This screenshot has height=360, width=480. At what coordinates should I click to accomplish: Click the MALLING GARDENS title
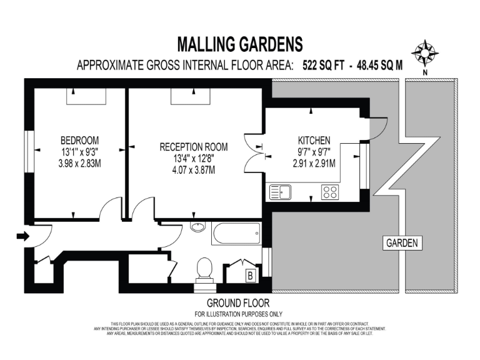[240, 44]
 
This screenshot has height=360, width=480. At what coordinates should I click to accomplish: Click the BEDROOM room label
[79, 140]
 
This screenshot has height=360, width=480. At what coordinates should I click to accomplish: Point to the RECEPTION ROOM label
[194, 147]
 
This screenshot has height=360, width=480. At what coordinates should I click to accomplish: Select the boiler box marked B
[250, 275]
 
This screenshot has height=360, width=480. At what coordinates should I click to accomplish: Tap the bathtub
[236, 235]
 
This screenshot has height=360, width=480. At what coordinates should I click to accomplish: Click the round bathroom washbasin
[197, 227]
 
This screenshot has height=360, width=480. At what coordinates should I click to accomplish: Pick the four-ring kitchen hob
[329, 192]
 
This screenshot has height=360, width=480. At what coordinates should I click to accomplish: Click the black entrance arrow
[22, 236]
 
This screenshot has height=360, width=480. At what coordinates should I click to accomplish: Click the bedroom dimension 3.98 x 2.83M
[79, 162]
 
